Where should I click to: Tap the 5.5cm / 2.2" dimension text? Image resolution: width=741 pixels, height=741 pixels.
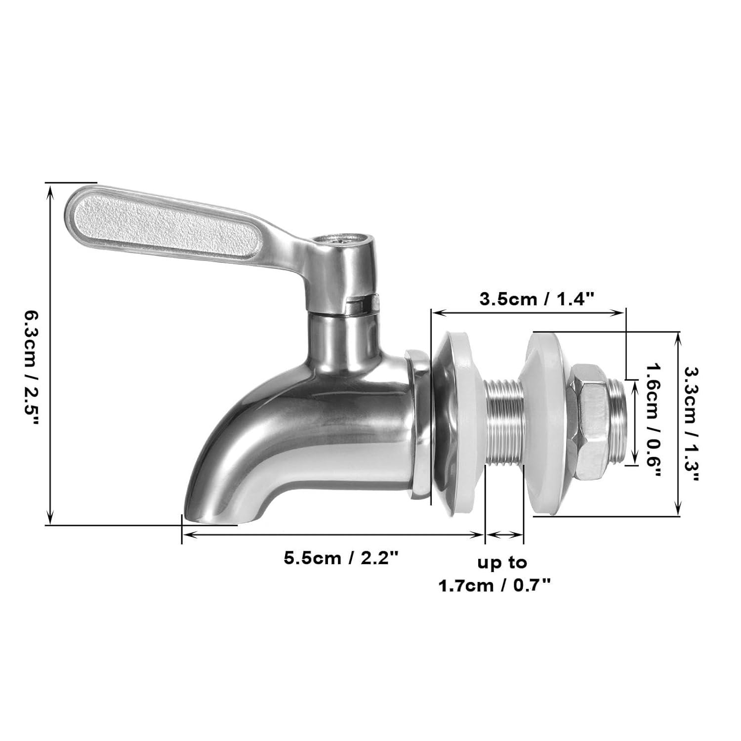341,558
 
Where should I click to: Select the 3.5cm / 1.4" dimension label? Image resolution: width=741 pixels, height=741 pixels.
536,298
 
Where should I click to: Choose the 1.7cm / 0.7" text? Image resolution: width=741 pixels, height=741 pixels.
494,586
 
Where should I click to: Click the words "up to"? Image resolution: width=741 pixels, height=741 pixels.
502,563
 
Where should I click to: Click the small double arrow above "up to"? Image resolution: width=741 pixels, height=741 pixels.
504,535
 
